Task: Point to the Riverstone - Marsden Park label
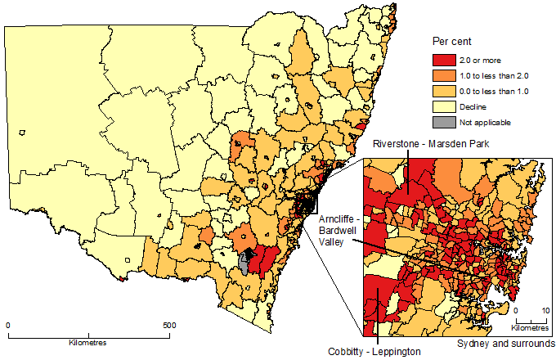pyautogui.click(x=425, y=145)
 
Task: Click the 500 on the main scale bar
pyautogui.click(x=168, y=325)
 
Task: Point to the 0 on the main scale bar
pyautogui.click(x=8, y=325)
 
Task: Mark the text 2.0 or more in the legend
pyautogui.click(x=482, y=60)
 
